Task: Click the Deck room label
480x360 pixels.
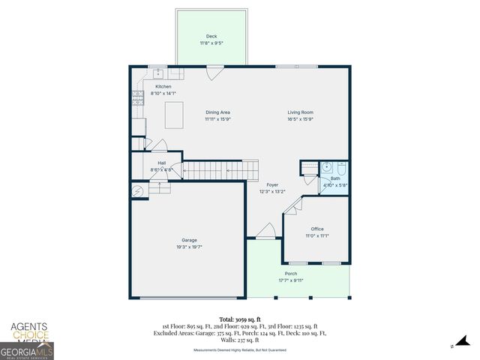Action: (x=211, y=36)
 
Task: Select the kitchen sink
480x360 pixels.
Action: (x=159, y=73)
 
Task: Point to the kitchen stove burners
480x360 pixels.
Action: (x=137, y=96)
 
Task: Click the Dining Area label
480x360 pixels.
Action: (x=217, y=112)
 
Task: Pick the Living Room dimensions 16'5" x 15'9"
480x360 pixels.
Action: (x=300, y=118)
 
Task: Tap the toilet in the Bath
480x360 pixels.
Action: (x=341, y=167)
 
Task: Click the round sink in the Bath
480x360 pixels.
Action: (x=326, y=168)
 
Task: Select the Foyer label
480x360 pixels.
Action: (x=272, y=184)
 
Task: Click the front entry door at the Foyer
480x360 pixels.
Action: (x=265, y=232)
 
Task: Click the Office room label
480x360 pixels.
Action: (x=316, y=229)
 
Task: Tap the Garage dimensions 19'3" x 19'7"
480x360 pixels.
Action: (x=189, y=247)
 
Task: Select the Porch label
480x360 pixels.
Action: (x=291, y=273)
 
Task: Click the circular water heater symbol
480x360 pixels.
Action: (x=138, y=192)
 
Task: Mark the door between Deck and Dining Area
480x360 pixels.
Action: (x=214, y=73)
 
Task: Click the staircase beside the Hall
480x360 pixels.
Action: (x=211, y=172)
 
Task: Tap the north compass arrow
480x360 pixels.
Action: (x=453, y=346)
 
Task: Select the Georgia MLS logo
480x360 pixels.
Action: (x=26, y=351)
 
